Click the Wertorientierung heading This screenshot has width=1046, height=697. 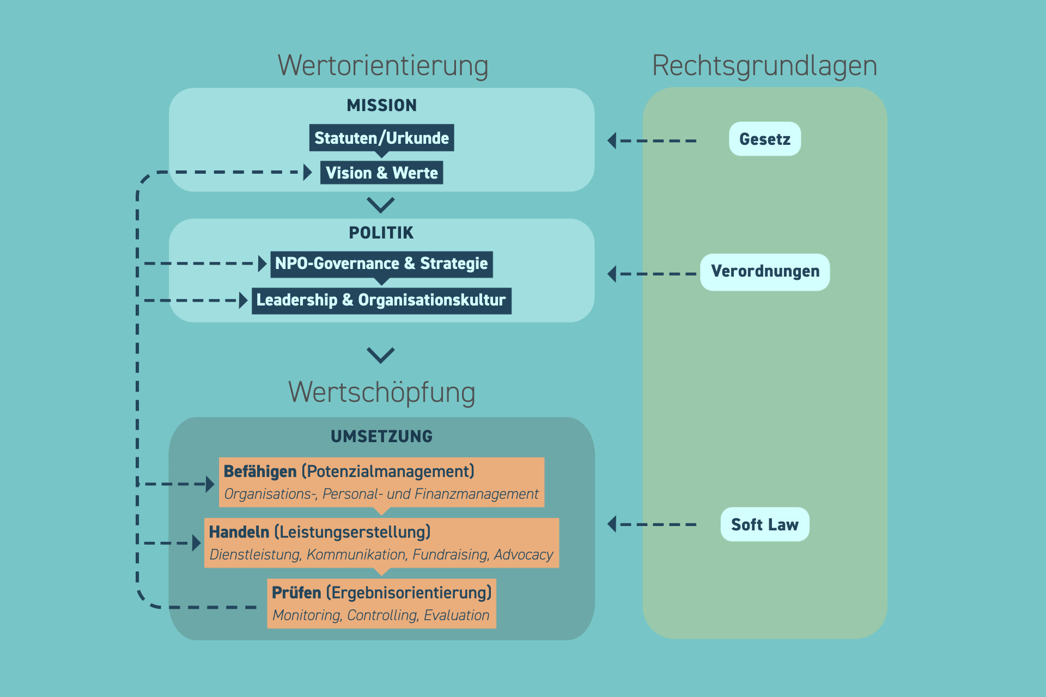tap(382, 66)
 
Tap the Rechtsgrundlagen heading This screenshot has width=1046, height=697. tap(764, 66)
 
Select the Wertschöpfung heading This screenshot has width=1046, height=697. tap(381, 392)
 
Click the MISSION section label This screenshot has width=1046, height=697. tap(381, 105)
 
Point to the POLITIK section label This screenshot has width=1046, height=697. tap(381, 233)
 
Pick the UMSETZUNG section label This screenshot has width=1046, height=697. tap(381, 436)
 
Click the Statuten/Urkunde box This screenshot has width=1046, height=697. tap(381, 138)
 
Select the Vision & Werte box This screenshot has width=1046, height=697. tap(381, 173)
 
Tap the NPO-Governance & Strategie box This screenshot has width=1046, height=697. tap(381, 264)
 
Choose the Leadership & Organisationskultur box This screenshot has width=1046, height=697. tap(381, 300)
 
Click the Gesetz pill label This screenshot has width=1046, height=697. tap(764, 139)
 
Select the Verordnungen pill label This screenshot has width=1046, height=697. tap(764, 271)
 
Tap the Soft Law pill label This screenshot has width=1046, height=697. tap(764, 524)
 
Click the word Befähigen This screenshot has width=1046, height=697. tap(260, 472)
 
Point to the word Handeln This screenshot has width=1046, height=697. tap(239, 532)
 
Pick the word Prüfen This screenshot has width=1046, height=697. tap(296, 592)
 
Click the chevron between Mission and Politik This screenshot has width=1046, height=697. tap(381, 205)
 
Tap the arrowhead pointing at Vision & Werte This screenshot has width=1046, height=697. tap(308, 172)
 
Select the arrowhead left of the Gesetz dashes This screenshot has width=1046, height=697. tap(612, 140)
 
